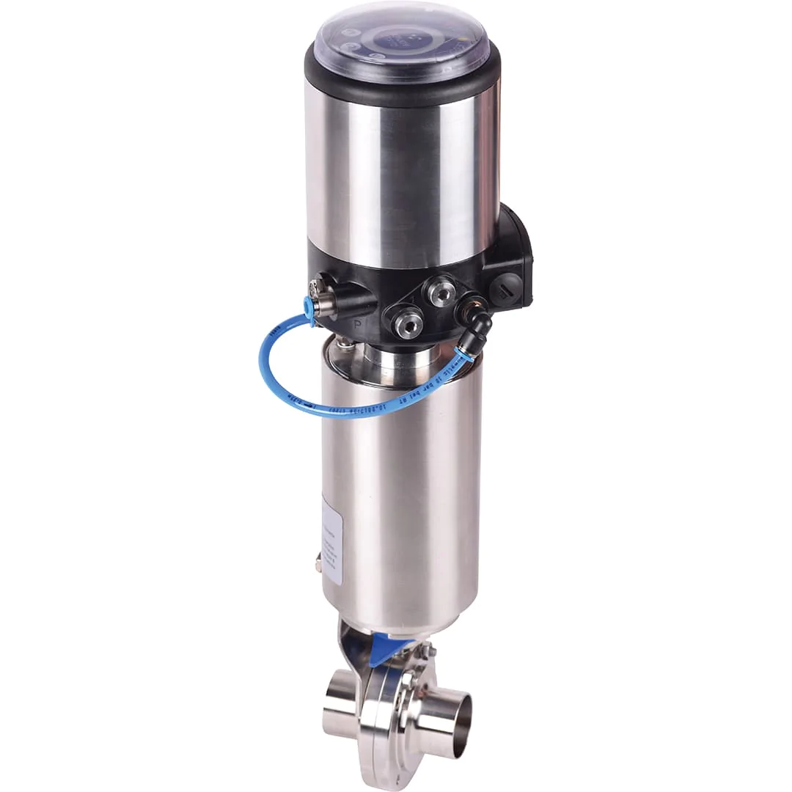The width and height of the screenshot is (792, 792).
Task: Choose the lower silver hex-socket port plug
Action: tap(408, 323)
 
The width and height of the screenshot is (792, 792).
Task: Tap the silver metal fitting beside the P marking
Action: tap(326, 298)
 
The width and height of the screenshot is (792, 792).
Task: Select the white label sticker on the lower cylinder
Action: tap(332, 539)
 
